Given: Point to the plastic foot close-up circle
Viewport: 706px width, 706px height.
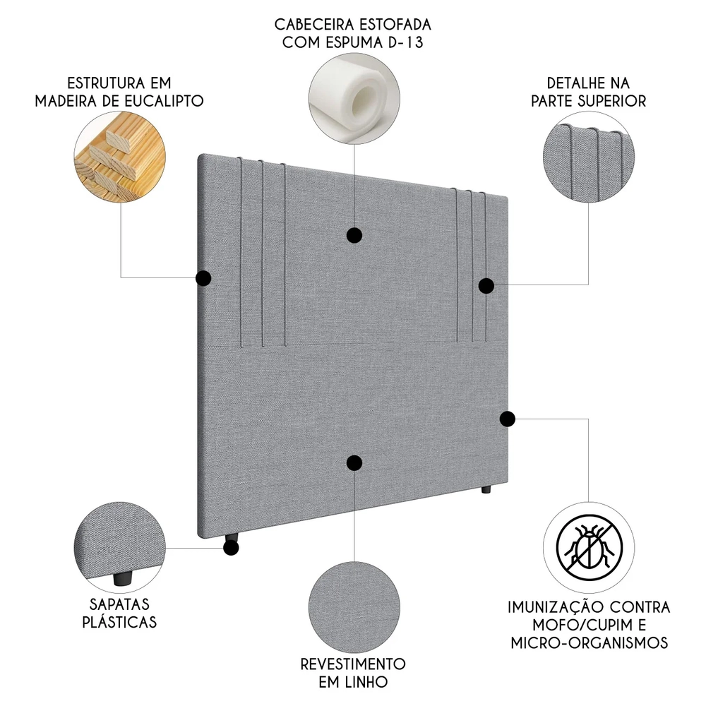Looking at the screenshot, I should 120,546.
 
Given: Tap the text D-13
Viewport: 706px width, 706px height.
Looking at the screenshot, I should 408,42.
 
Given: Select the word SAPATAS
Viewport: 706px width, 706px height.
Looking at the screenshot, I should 119,604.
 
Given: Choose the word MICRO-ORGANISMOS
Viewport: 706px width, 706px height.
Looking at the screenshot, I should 587,642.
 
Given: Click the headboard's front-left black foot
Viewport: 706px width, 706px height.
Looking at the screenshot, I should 232,546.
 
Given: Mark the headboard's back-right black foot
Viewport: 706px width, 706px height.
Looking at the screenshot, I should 486,490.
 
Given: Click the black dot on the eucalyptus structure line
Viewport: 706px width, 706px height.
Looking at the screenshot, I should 203,278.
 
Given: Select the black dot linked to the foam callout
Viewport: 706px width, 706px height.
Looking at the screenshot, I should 354,235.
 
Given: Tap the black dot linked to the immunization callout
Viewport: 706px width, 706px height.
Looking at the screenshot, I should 507,419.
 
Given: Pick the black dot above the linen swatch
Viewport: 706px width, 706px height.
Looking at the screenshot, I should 354,462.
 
